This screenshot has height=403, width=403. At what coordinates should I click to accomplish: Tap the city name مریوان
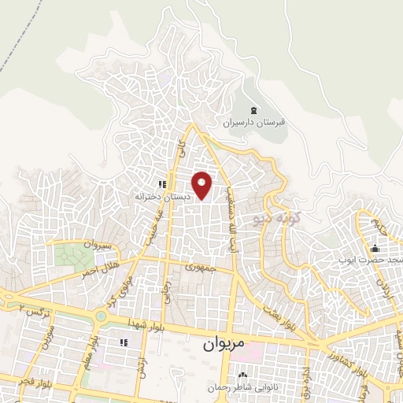click(x=218, y=344)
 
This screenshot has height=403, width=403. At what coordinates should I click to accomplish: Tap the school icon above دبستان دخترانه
click(x=161, y=184)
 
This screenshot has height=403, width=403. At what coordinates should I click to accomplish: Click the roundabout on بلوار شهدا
click(x=100, y=316)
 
